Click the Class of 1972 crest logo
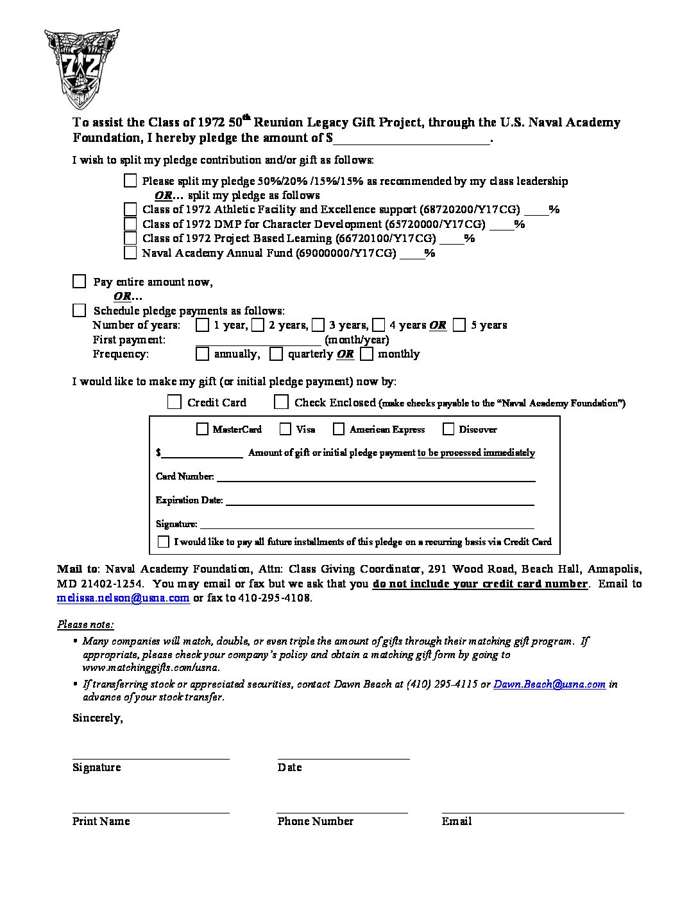(x=81, y=68)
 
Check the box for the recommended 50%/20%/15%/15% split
(x=130, y=180)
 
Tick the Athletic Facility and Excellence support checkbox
(x=130, y=209)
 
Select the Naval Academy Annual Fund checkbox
(x=130, y=252)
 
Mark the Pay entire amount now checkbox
(x=79, y=281)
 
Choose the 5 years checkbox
(x=459, y=325)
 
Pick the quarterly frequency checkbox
(x=276, y=354)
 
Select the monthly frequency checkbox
(x=366, y=354)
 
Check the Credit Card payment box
(x=174, y=402)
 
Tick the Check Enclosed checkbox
(x=281, y=402)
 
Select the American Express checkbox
(x=339, y=429)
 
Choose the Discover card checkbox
(x=448, y=429)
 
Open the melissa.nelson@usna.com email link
(x=123, y=598)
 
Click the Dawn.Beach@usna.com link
(x=549, y=684)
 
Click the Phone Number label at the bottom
(x=315, y=821)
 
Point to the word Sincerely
(x=98, y=718)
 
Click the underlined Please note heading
(x=85, y=625)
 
